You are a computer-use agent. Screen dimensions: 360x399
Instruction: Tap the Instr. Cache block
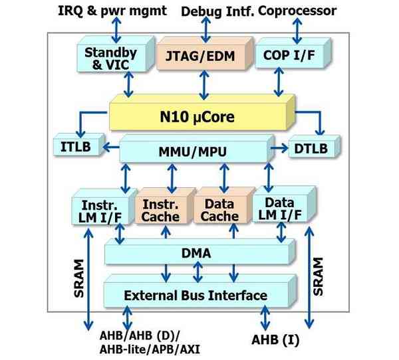click(160, 211)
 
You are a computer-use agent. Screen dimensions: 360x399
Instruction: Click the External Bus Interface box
click(196, 295)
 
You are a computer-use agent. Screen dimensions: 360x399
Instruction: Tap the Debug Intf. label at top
click(206, 11)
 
